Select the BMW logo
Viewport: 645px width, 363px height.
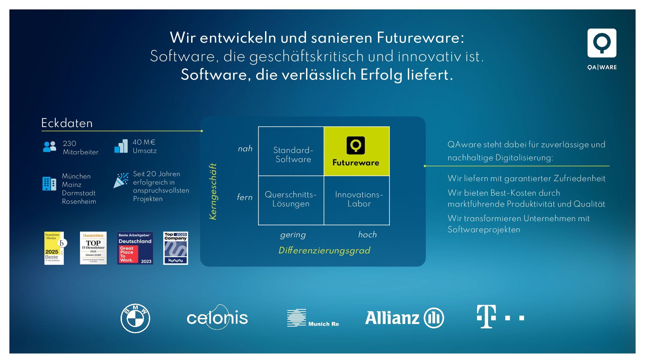pos(135,318)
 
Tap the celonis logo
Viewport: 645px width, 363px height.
pos(217,318)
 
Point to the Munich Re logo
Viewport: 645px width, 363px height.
pos(313,318)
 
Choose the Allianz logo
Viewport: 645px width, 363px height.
pos(404,318)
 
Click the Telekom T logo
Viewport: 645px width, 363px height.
pos(500,317)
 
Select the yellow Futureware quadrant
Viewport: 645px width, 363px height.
pos(356,151)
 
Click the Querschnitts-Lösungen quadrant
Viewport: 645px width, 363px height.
pos(291,200)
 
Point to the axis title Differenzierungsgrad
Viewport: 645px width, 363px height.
pos(324,250)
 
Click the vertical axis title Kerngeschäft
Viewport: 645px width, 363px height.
pos(213,192)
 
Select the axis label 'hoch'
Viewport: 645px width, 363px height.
pos(367,235)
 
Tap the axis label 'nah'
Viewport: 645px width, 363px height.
pos(245,149)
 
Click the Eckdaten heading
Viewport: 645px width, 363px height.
pos(67,123)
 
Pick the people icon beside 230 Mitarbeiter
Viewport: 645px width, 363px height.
pos(50,147)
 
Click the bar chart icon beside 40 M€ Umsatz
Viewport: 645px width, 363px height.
pos(121,146)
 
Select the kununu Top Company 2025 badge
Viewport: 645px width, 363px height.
pos(176,248)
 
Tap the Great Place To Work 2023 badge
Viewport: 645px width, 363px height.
pos(135,248)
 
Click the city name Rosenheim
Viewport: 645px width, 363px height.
pos(79,201)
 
